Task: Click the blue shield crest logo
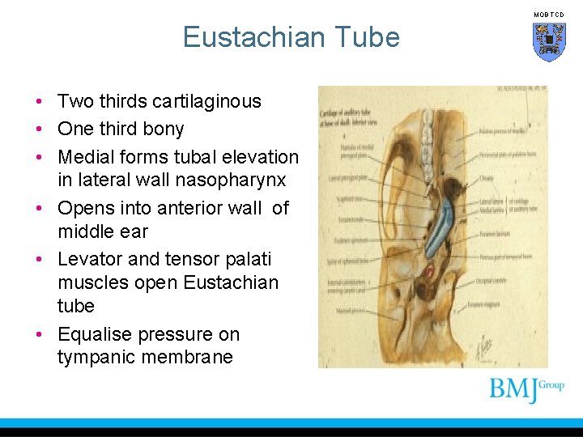548,41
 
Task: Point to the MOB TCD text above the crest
548,15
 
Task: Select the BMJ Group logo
526,390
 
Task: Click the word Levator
88,259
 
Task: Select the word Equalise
94,334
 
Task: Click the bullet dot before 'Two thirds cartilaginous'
39,102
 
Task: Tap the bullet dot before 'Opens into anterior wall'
39,209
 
